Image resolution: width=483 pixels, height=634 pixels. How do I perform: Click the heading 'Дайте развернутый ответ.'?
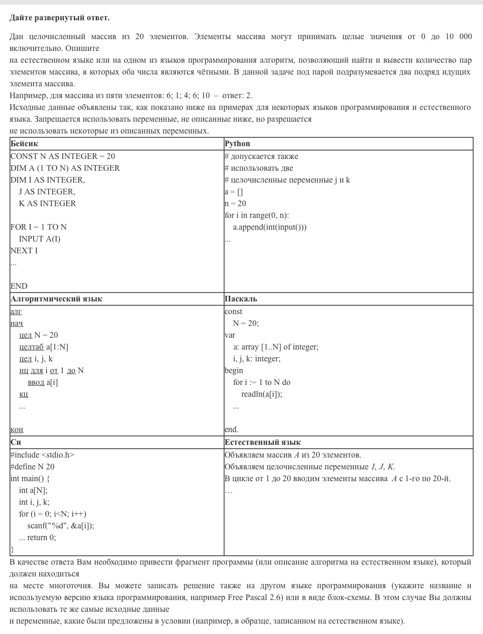(x=59, y=18)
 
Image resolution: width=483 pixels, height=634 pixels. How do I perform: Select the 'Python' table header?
(x=237, y=143)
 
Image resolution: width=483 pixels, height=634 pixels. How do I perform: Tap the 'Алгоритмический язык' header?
(x=56, y=299)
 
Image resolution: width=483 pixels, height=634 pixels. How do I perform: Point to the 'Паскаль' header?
(x=241, y=299)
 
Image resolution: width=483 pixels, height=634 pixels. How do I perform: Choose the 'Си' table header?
(x=16, y=442)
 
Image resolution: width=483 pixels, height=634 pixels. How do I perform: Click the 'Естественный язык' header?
(x=263, y=442)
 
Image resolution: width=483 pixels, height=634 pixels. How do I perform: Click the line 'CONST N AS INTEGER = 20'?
(x=63, y=156)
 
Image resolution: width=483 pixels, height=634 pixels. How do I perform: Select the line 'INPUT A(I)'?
(x=40, y=239)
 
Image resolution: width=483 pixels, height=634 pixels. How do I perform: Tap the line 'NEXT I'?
(x=24, y=250)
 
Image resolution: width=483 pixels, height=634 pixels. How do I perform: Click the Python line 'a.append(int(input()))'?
(x=270, y=227)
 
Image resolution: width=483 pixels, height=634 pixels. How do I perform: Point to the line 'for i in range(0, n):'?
(x=257, y=215)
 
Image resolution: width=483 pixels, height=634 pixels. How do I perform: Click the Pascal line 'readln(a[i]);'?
(x=262, y=394)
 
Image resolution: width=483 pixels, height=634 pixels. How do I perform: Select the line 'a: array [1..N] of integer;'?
(x=276, y=347)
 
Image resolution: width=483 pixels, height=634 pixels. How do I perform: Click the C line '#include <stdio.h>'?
(x=42, y=455)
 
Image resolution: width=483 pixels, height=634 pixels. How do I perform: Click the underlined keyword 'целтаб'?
(x=32, y=347)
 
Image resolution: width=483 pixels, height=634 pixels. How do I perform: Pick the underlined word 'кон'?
(x=17, y=429)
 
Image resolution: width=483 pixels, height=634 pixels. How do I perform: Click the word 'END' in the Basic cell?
(x=19, y=286)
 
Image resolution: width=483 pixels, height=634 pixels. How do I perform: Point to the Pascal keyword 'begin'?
(x=234, y=370)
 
